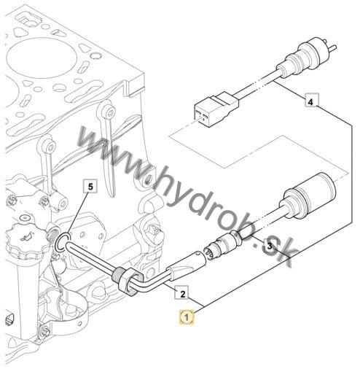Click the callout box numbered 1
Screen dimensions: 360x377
tap(187, 317)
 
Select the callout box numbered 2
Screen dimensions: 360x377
tap(181, 292)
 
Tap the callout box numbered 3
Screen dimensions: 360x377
tap(270, 246)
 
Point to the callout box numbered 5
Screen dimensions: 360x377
tap(90, 186)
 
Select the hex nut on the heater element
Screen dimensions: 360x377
tap(130, 282)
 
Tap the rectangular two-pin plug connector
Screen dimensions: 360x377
tap(216, 109)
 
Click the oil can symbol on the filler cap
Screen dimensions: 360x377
tap(27, 237)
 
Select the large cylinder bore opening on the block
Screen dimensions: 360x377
tap(39, 58)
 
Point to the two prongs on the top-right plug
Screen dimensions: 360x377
tap(329, 45)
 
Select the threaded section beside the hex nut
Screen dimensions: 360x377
tap(117, 273)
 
